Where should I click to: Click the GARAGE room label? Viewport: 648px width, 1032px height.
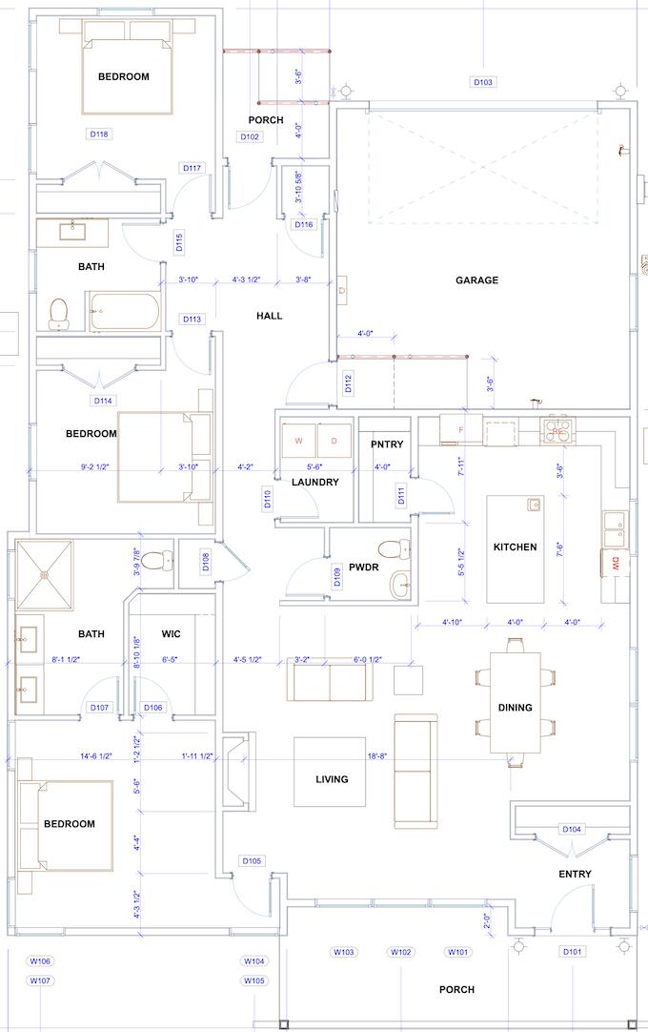(x=476, y=280)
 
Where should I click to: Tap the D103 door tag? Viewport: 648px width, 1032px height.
(x=483, y=82)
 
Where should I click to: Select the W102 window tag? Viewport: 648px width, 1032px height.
(x=401, y=952)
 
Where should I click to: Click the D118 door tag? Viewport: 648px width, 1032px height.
(x=99, y=134)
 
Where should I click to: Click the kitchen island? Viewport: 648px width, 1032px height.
(x=515, y=548)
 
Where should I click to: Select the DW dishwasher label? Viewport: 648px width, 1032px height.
(x=616, y=563)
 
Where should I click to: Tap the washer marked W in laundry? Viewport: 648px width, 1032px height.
(x=298, y=441)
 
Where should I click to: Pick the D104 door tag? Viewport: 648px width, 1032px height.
(x=571, y=829)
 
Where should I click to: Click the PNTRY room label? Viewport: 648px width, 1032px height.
(x=387, y=444)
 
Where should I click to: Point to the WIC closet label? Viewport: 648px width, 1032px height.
(x=172, y=634)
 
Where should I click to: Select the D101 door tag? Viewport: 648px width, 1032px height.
(x=572, y=952)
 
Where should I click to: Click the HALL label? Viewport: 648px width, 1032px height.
(x=270, y=316)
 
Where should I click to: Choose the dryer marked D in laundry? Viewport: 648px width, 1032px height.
(x=334, y=441)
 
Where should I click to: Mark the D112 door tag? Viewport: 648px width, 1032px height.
(x=348, y=383)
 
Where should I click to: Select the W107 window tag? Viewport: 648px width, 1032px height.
(x=40, y=980)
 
